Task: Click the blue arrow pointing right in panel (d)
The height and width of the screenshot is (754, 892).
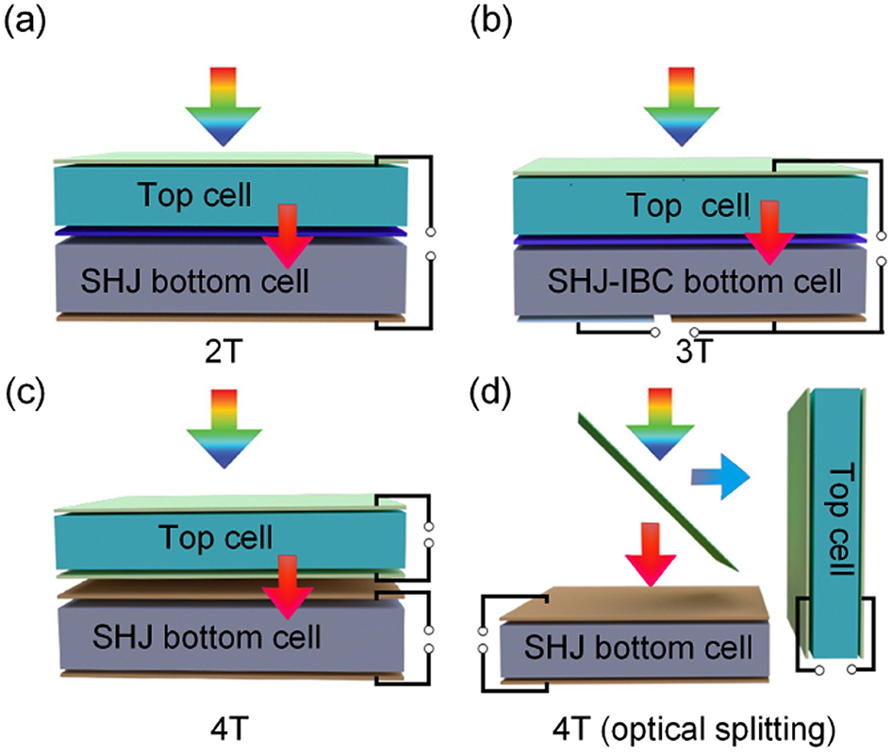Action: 720,478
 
